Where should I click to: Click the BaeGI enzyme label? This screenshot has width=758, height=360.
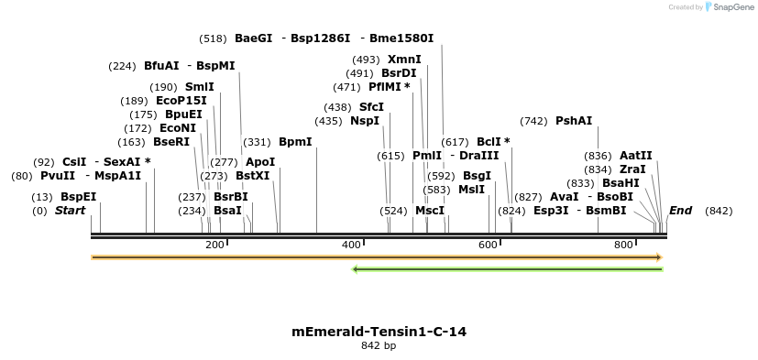(x=253, y=38)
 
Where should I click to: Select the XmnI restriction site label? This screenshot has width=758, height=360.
(x=404, y=60)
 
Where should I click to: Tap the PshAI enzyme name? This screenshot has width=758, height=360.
(x=574, y=121)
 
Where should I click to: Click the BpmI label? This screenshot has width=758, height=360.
(x=295, y=142)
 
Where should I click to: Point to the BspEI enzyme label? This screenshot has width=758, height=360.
(x=78, y=197)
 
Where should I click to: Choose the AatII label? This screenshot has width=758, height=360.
(x=635, y=156)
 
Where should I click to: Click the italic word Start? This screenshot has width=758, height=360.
(x=70, y=211)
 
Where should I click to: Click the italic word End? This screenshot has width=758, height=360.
(x=680, y=211)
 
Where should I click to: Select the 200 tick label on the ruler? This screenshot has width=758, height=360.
(x=214, y=245)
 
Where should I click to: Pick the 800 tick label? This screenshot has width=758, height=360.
(x=624, y=245)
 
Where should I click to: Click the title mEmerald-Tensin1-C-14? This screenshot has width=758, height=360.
(x=379, y=332)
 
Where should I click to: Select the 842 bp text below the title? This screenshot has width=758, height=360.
(x=379, y=346)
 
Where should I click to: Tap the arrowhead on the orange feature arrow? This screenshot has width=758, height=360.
(x=658, y=257)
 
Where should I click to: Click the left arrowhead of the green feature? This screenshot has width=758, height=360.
(x=357, y=269)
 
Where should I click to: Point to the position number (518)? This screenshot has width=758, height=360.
(x=213, y=38)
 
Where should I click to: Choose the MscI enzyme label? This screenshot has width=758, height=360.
(x=429, y=211)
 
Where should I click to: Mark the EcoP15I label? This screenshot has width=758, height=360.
(x=181, y=101)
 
